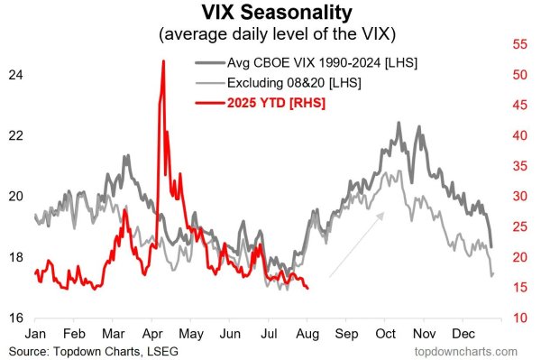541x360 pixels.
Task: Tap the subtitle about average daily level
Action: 270,35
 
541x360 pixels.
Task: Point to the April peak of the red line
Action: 163,61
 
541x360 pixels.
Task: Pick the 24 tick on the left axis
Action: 15,74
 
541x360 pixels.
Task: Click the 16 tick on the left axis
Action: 15,318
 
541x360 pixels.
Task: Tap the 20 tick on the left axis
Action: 15,196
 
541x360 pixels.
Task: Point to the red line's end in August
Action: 308,288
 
